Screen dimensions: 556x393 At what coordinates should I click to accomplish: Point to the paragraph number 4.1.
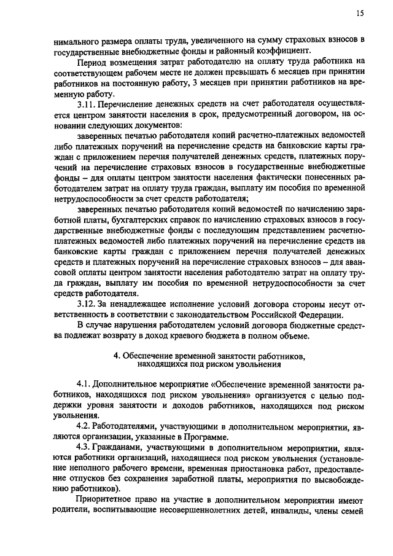tap(84, 383)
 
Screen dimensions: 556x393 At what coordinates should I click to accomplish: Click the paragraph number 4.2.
tap(84, 426)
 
